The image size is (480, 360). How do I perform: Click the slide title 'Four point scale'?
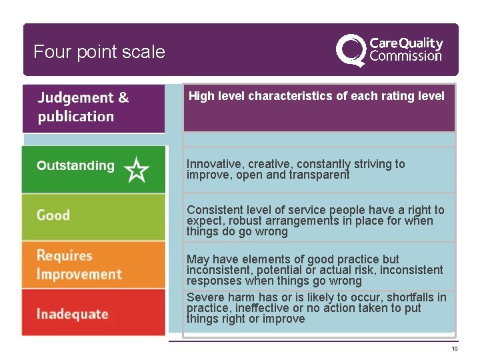pos(99,52)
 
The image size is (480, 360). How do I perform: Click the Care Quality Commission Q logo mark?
pos(350,50)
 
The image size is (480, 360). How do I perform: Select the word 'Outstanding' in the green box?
pos(75,166)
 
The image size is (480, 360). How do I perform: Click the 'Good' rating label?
pos(53,215)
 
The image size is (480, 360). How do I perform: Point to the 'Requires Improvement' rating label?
pos(79,265)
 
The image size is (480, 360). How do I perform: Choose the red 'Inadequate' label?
pos(72,314)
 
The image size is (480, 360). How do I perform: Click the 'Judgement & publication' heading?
pos(83,107)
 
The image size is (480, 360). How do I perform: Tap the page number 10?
pos(454,349)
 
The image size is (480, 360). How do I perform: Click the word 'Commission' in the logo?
pos(405,56)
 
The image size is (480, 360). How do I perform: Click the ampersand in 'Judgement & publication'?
pos(123,98)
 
